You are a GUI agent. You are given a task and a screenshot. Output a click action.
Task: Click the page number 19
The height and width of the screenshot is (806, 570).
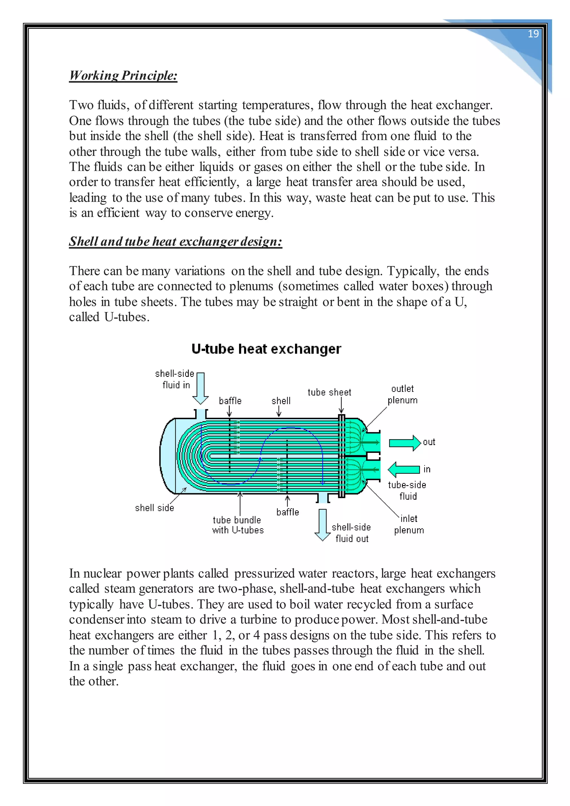click(533, 34)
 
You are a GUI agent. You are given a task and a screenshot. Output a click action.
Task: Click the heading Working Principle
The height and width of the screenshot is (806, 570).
click(123, 75)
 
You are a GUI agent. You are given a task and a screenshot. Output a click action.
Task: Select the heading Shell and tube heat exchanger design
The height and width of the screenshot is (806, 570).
click(176, 242)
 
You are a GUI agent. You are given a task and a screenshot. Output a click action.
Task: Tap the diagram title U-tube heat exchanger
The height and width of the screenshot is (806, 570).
click(266, 349)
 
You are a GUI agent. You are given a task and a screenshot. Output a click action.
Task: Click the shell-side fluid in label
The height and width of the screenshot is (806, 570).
click(175, 379)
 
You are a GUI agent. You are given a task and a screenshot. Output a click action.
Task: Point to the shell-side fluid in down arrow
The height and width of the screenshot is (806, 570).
click(201, 389)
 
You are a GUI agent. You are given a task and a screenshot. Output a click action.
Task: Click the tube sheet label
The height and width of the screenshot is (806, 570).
click(329, 392)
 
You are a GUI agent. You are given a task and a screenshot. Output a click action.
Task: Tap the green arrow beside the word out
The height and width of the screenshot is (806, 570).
click(405, 443)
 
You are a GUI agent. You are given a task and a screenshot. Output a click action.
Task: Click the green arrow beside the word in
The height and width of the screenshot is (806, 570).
click(404, 469)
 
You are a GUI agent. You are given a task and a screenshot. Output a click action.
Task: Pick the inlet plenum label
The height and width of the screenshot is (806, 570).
click(409, 524)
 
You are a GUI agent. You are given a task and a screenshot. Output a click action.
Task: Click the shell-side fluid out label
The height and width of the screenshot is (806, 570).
click(351, 532)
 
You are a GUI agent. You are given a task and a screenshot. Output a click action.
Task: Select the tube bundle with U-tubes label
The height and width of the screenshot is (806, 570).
click(238, 525)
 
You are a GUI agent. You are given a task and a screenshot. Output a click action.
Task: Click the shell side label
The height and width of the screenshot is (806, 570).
click(154, 508)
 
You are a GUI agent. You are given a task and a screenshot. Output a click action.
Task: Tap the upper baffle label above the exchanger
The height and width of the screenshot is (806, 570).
click(230, 400)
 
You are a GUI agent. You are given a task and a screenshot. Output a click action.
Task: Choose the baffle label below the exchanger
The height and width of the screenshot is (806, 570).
click(288, 512)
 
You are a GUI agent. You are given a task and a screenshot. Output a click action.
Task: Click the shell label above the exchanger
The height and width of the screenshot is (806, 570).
click(281, 400)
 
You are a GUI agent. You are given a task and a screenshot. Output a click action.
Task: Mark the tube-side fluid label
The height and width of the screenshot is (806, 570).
click(407, 490)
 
